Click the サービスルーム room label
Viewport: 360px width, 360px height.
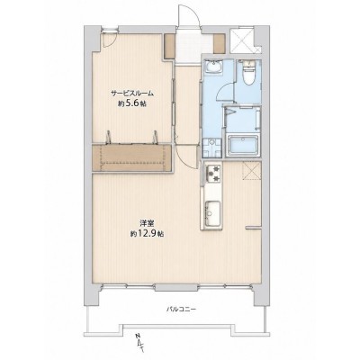pos(132,93)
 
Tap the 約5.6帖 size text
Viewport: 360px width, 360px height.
pos(132,103)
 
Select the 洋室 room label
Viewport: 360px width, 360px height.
pos(147,223)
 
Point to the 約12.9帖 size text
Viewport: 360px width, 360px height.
pos(147,234)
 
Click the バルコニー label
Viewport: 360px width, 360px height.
pos(181,309)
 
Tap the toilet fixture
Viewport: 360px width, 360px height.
pos(248,72)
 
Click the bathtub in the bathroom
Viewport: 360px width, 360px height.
pos(243,146)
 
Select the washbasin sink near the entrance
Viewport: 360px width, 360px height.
pos(213,67)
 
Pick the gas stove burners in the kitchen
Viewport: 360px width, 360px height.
pos(213,174)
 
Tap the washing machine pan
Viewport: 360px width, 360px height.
pos(211,148)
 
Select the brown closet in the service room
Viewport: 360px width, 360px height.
pos(132,158)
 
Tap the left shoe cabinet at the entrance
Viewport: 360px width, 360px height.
pos(169,46)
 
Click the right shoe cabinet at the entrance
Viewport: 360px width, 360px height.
pos(219,44)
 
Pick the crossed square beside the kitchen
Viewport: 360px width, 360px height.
pos(251,170)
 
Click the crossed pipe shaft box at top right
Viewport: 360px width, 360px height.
pos(242,40)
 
